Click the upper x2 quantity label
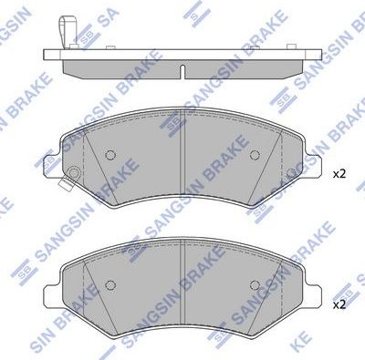click(x=339, y=173)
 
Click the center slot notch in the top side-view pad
click(x=182, y=71)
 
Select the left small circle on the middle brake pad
click(x=111, y=154)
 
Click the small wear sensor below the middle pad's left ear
click(x=64, y=187)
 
